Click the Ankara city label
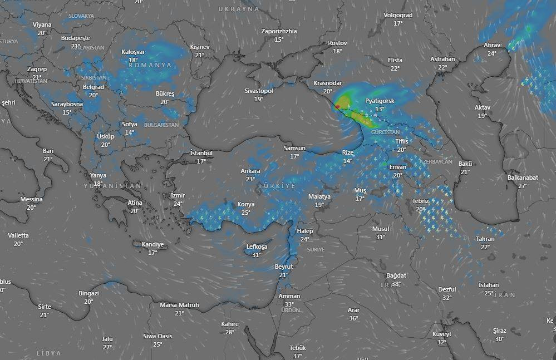pyautogui.click(x=250, y=171)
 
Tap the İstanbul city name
pyautogui.click(x=201, y=153)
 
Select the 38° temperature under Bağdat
pyautogui.click(x=396, y=284)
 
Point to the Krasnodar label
pyautogui.click(x=327, y=83)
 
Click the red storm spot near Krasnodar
pyautogui.click(x=337, y=106)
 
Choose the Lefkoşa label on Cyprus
pyautogui.click(x=257, y=246)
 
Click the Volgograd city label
pyautogui.click(x=398, y=16)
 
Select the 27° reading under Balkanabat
pyautogui.click(x=522, y=186)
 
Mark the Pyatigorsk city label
pyautogui.click(x=380, y=101)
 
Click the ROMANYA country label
pyautogui.click(x=150, y=65)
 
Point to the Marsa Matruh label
pyautogui.click(x=179, y=305)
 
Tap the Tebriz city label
pyautogui.click(x=421, y=201)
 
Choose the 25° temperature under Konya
pyautogui.click(x=245, y=213)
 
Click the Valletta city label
pyautogui.click(x=18, y=235)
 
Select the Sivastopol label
pyautogui.click(x=259, y=91)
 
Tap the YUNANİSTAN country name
pyautogui.click(x=113, y=185)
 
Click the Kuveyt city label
pyautogui.click(x=442, y=334)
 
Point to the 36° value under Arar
pyautogui.click(x=353, y=318)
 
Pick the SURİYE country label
pyautogui.click(x=316, y=250)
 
